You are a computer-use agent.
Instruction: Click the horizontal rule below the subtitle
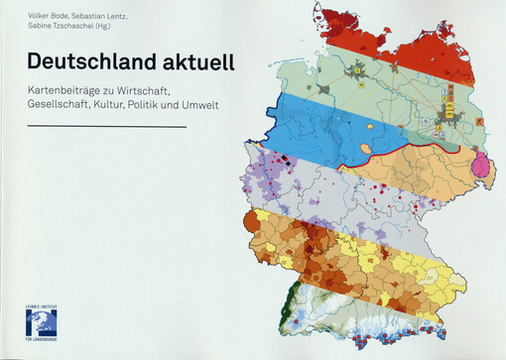pos(106,127)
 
